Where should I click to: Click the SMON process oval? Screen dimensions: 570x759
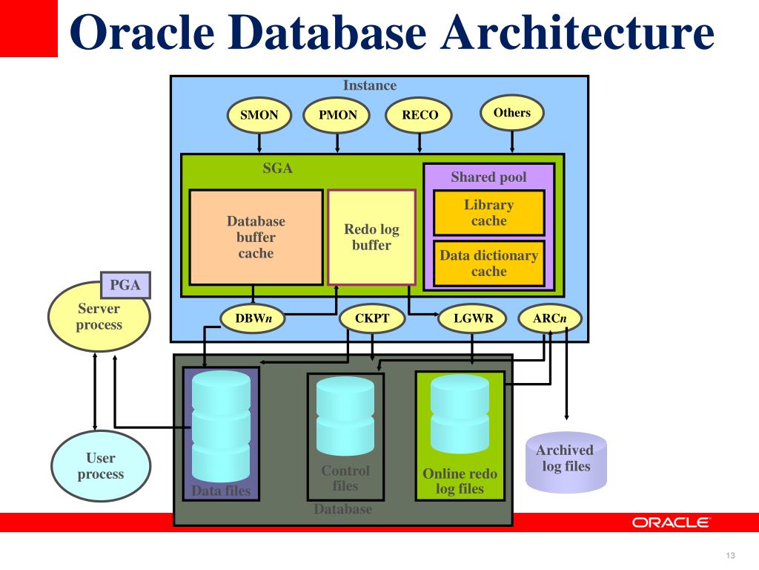[259, 115]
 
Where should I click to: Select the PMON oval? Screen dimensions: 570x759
[337, 115]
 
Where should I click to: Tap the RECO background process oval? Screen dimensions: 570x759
[420, 115]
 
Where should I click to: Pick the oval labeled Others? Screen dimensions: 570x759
[512, 113]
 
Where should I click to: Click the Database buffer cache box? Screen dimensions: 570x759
[256, 237]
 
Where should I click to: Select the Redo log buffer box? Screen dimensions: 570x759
[371, 237]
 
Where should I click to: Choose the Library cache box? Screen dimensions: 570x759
[488, 213]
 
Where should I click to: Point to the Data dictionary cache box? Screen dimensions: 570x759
[488, 263]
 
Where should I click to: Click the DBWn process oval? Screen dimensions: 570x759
[253, 319]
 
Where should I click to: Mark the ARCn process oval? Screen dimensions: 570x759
[550, 319]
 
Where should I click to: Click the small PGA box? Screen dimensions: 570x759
[125, 285]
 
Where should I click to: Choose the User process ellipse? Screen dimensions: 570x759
[100, 467]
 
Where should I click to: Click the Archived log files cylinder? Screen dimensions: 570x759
[566, 461]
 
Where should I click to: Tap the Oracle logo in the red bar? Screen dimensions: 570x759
[671, 522]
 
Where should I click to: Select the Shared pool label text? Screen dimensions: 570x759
[488, 177]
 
